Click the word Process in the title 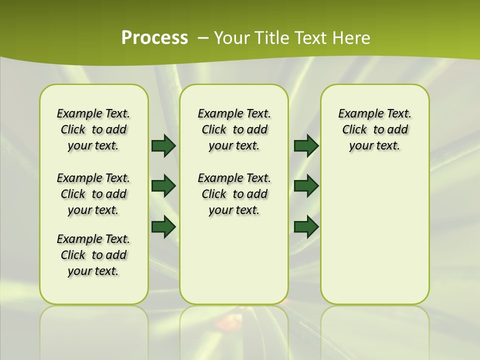[154, 38]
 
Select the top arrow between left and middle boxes [163, 145]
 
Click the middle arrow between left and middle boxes [163, 186]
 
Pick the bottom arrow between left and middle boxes [163, 226]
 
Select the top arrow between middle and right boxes [306, 145]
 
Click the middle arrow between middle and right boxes [306, 186]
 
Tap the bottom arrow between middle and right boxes [306, 226]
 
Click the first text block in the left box [93, 129]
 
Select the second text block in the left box [93, 194]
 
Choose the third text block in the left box [93, 255]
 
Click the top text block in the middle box [234, 129]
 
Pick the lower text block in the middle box [234, 194]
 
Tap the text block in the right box [374, 129]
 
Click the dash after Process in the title [203, 38]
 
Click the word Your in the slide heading [230, 38]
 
